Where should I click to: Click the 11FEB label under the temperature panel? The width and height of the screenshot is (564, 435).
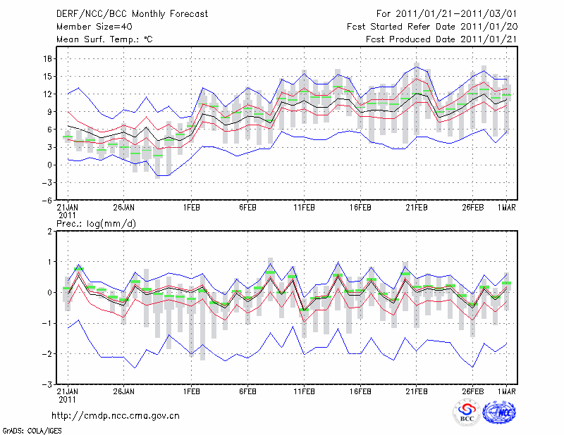click(304, 208)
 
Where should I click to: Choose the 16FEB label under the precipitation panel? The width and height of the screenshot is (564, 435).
click(360, 392)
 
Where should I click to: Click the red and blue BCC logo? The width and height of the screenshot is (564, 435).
click(467, 412)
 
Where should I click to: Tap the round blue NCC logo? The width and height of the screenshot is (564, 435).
click(498, 412)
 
